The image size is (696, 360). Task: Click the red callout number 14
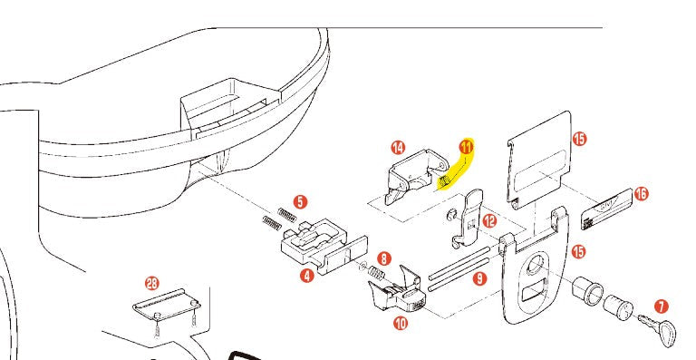pyautogui.click(x=397, y=148)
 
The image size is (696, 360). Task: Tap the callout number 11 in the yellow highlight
pyautogui.click(x=466, y=146)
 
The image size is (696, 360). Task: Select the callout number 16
pyautogui.click(x=642, y=193)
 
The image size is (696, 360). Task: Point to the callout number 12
pyautogui.click(x=489, y=220)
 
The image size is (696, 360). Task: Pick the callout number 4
pyautogui.click(x=307, y=276)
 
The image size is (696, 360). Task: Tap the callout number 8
pyautogui.click(x=383, y=258)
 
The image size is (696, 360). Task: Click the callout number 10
pyautogui.click(x=400, y=322)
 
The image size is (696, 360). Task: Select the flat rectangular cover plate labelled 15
pyautogui.click(x=541, y=163)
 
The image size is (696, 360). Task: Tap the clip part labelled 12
pyautogui.click(x=468, y=218)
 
